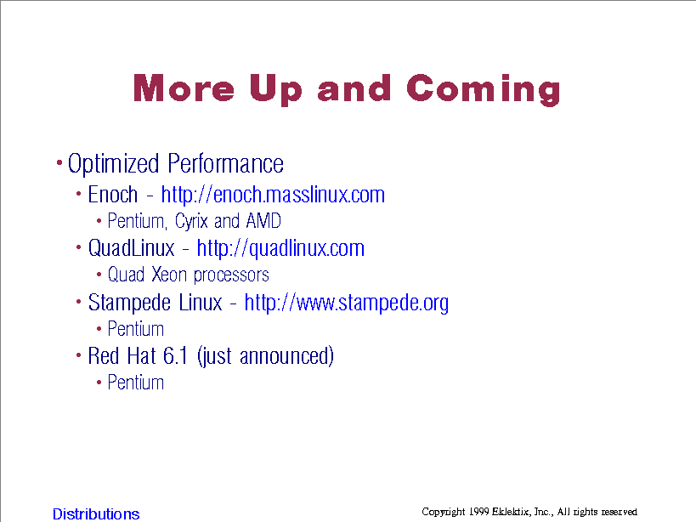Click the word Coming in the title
[x=484, y=89]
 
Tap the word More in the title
[x=184, y=88]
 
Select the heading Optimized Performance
[x=175, y=164]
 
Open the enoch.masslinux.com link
[x=273, y=195]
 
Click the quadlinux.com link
[x=280, y=248]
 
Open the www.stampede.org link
[x=346, y=303]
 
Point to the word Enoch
[x=113, y=195]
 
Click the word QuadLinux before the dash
[x=132, y=248]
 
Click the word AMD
[x=263, y=220]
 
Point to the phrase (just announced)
[x=265, y=356]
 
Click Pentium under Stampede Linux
[x=136, y=329]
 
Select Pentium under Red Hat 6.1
[x=136, y=383]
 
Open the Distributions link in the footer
[x=96, y=513]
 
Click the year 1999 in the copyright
[x=479, y=512]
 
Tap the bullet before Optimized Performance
[x=59, y=163]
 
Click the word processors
[x=231, y=275]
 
